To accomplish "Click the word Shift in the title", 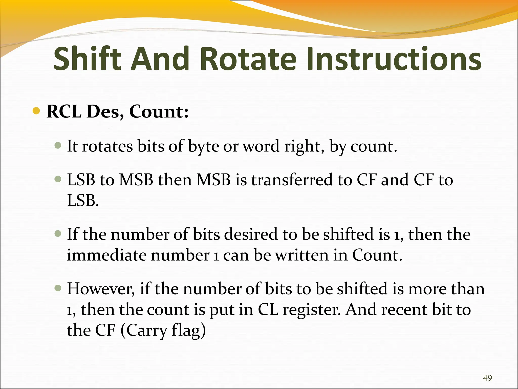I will coord(87,59).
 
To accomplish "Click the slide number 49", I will coord(487,378).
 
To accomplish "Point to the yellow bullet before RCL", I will coord(36,111).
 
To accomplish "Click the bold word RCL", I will coord(64,111).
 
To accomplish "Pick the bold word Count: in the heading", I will coord(159,111).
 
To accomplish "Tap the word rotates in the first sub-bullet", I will coord(107,146).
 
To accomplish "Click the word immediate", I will coord(106,255).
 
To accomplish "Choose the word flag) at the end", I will coord(189,331).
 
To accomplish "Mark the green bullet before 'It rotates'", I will coord(58,145).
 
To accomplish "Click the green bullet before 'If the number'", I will coord(58,233).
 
